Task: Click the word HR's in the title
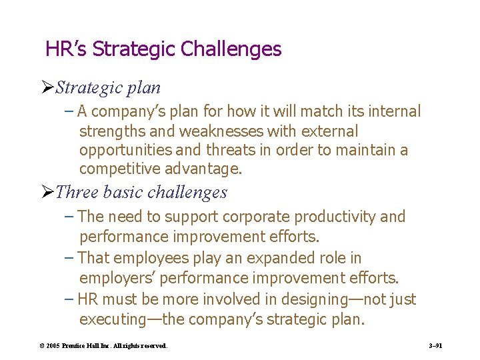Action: tap(67, 49)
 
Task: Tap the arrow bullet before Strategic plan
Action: tap(47, 88)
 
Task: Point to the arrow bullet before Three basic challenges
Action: tap(47, 193)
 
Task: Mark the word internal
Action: tap(397, 111)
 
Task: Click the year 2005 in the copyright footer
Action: tap(51, 346)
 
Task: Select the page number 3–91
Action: tap(436, 346)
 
